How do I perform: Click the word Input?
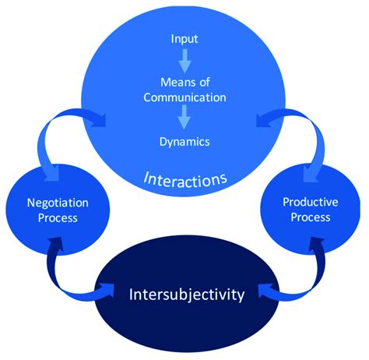pos(184,37)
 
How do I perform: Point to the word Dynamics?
pos(184,142)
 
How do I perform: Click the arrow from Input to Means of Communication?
pos(184,60)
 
